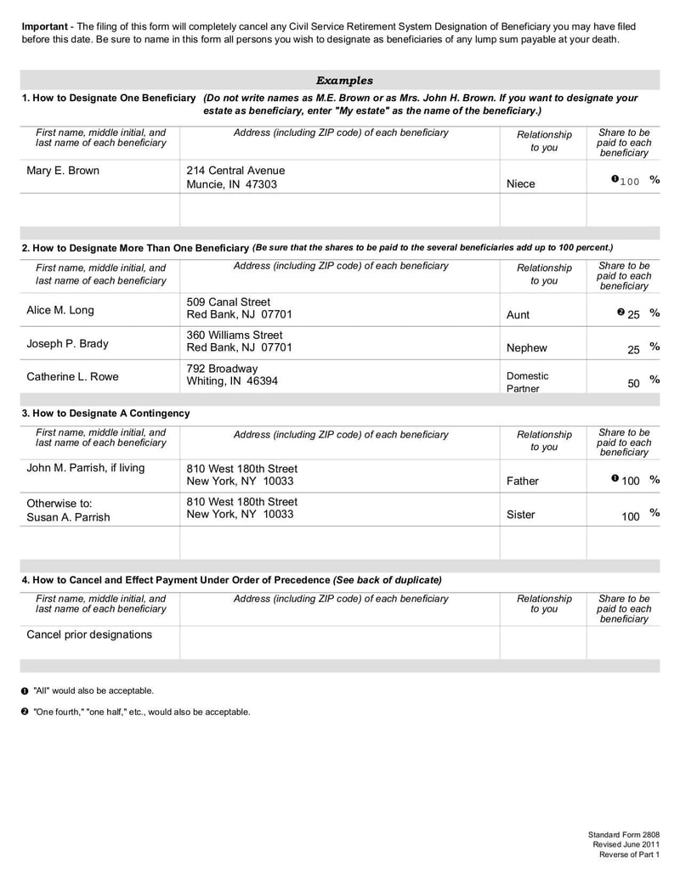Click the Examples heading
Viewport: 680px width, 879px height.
[x=344, y=81]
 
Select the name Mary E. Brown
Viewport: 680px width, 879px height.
[x=63, y=171]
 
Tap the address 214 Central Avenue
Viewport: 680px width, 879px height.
[x=235, y=171]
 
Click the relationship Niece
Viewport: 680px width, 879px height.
[x=520, y=183]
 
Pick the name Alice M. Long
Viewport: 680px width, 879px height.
[x=60, y=309]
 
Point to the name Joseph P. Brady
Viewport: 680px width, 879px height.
[x=68, y=344]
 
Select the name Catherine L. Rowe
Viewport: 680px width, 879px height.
[x=73, y=376]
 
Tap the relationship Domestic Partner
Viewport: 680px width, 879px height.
[x=527, y=381]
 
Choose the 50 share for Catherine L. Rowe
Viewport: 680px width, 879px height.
[x=633, y=383]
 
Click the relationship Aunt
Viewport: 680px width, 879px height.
[x=518, y=314]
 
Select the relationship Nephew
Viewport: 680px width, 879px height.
[x=527, y=348]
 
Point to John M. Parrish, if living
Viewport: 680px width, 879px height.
[x=86, y=468]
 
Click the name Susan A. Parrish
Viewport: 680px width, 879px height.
[x=68, y=517]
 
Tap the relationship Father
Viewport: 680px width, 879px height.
[x=522, y=481]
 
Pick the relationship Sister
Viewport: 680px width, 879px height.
[x=520, y=515]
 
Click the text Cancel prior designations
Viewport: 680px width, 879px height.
[x=89, y=634]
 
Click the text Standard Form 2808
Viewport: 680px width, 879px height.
[x=623, y=835]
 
